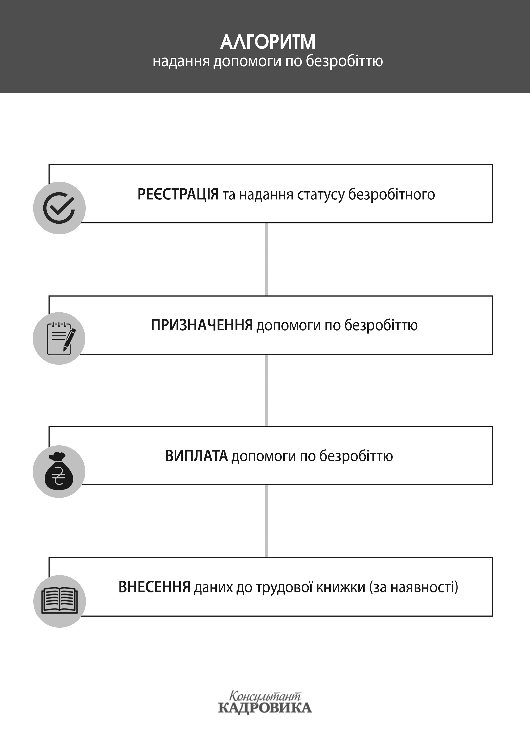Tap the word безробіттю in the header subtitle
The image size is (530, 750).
pyautogui.click(x=344, y=61)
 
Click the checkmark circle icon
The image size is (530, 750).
pyautogui.click(x=59, y=208)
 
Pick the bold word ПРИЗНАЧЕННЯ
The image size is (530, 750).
pyautogui.click(x=202, y=325)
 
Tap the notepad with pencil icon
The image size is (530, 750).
pyautogui.click(x=59, y=338)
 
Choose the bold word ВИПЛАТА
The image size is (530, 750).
pyautogui.click(x=196, y=456)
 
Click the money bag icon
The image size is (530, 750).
pyautogui.click(x=59, y=471)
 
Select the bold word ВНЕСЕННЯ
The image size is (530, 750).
pyautogui.click(x=155, y=587)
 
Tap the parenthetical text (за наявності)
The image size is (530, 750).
pyautogui.click(x=414, y=587)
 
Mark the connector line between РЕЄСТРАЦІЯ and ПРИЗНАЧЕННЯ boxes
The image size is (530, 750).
pyautogui.click(x=266, y=259)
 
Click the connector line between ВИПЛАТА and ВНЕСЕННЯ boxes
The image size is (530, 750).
pyautogui.click(x=266, y=521)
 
